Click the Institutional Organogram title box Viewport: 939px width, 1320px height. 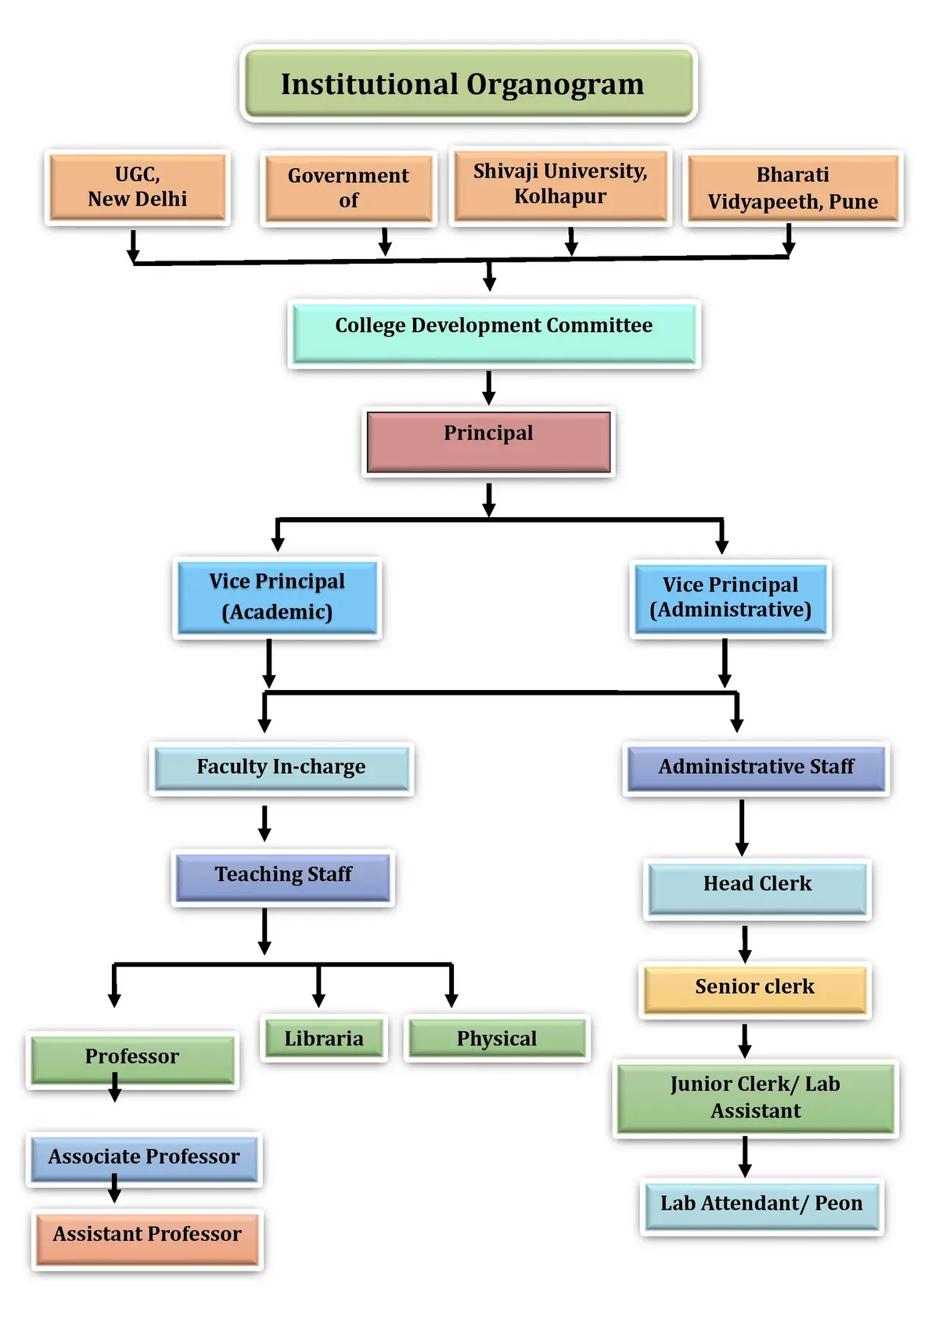(469, 83)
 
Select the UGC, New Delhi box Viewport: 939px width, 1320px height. (138, 187)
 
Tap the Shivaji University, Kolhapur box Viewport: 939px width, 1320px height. (560, 185)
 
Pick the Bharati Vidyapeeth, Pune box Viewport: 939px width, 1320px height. (793, 188)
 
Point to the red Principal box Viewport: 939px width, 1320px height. (488, 442)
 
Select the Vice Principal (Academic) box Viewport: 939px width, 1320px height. (277, 598)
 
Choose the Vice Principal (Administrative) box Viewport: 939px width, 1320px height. (730, 599)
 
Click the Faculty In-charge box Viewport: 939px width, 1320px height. (282, 768)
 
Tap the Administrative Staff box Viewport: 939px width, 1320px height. (756, 768)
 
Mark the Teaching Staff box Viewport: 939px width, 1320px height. (283, 877)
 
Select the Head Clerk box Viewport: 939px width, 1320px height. (757, 889)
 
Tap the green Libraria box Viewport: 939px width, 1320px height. (324, 1038)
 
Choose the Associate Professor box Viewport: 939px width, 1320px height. (144, 1159)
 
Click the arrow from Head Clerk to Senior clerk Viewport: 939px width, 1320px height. (745, 944)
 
